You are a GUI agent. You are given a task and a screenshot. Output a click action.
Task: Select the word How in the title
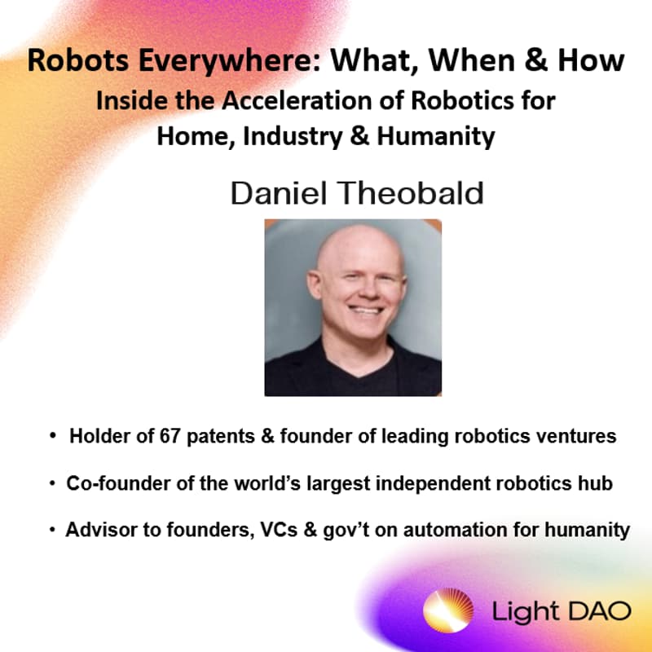click(593, 60)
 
